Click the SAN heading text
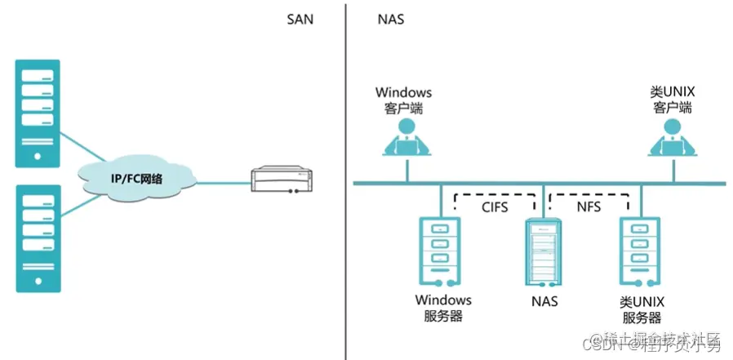pos(300,18)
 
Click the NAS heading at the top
pos(390,18)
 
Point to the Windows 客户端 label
pos(403,100)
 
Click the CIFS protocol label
pos(494,207)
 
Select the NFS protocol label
pos(589,207)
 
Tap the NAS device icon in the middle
pos(543,249)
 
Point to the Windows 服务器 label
pos(443,308)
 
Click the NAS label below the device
pos(544,300)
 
